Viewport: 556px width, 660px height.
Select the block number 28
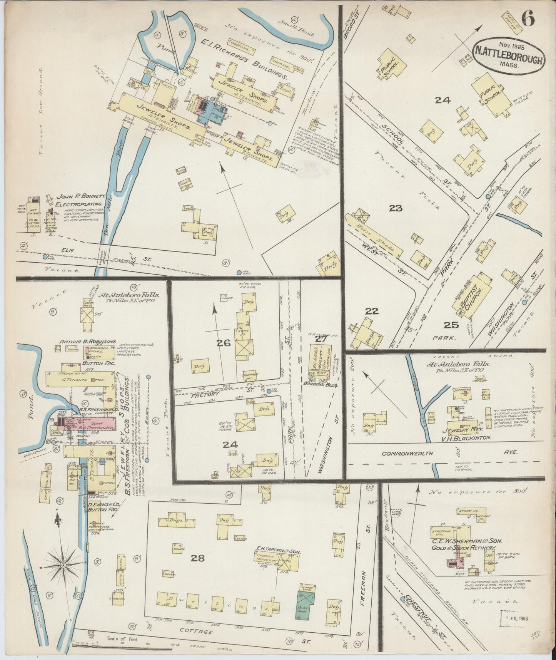(x=198, y=558)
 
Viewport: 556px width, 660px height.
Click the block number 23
(x=395, y=208)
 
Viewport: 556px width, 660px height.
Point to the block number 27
(x=320, y=339)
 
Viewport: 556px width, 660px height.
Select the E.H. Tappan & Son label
(x=277, y=552)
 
